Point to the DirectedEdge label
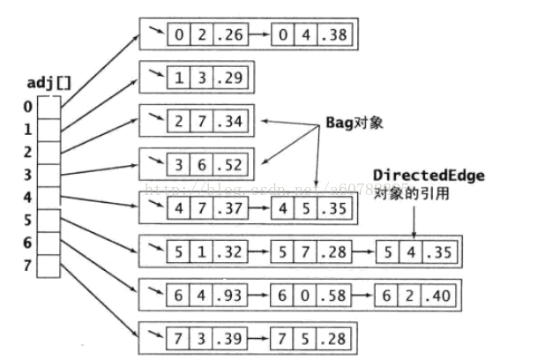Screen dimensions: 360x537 tap(429, 176)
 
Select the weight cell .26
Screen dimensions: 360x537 tap(232, 36)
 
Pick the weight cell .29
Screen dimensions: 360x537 tap(232, 79)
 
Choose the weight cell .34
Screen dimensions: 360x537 tap(232, 121)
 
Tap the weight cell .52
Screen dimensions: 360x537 tap(232, 163)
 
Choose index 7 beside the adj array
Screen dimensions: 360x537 tap(26, 265)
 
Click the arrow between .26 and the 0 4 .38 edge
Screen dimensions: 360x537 tap(260, 36)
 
